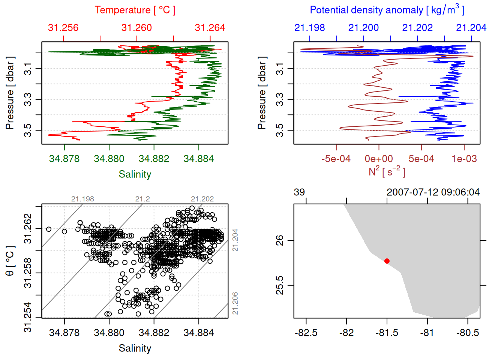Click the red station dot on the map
[387, 261]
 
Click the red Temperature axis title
[135, 10]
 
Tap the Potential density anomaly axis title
[387, 10]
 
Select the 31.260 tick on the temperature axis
[136, 28]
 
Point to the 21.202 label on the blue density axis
[417, 28]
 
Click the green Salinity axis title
[135, 174]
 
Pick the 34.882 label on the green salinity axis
[154, 159]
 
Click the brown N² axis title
[387, 171]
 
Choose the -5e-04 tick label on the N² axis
[336, 159]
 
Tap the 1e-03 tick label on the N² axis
[464, 159]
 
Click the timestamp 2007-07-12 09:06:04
[433, 192]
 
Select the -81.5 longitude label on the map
[387, 333]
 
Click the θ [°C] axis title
[10, 261]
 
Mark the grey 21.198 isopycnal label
[82, 199]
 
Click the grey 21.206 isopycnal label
[235, 303]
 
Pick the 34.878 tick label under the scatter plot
[64, 333]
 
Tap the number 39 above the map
[299, 192]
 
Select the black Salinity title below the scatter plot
[135, 348]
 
